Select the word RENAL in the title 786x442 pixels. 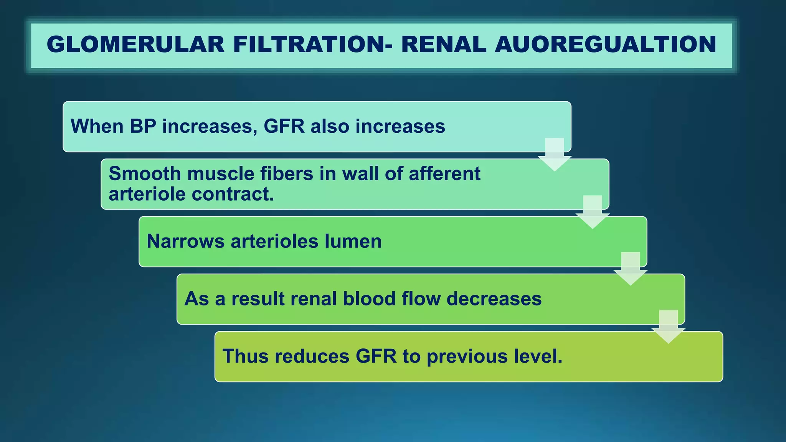pyautogui.click(x=444, y=44)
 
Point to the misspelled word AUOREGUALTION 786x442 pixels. pyautogui.click(x=605, y=44)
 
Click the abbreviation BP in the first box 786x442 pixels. pyautogui.click(x=143, y=126)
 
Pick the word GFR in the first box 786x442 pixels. pyautogui.click(x=284, y=126)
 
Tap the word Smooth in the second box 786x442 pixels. pyautogui.click(x=145, y=174)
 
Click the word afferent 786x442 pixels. pyautogui.click(x=444, y=174)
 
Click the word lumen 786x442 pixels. pyautogui.click(x=353, y=241)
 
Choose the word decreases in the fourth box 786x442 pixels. pyautogui.click(x=494, y=299)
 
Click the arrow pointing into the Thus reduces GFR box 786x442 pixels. pyautogui.click(x=669, y=327)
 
